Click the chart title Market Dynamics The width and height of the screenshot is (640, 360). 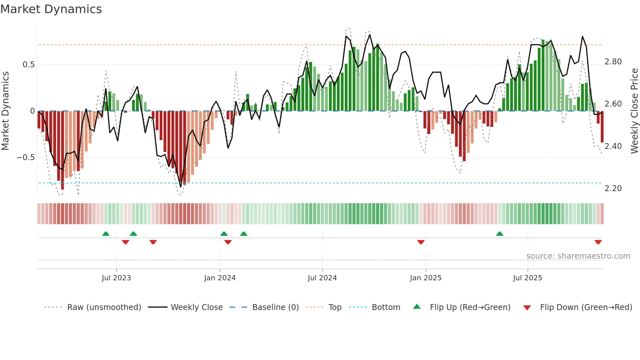click(51, 9)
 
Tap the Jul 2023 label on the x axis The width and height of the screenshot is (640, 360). click(116, 278)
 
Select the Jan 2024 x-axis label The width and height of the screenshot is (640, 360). click(220, 278)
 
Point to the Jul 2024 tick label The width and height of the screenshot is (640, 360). click(322, 278)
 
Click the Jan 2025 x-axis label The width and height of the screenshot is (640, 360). click(426, 278)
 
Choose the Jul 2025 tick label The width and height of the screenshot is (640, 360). click(528, 278)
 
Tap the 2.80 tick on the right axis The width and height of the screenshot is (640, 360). click(613, 62)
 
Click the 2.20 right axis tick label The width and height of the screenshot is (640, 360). click(613, 188)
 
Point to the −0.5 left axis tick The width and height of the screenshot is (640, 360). click(25, 157)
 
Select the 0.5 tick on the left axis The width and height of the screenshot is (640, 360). click(28, 65)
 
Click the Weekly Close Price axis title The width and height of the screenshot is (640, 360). click(634, 111)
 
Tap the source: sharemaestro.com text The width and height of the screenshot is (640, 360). click(578, 256)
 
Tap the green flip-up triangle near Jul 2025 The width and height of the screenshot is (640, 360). click(500, 234)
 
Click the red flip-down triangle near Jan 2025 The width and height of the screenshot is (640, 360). click(421, 242)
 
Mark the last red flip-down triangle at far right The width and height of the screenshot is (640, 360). click(598, 242)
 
